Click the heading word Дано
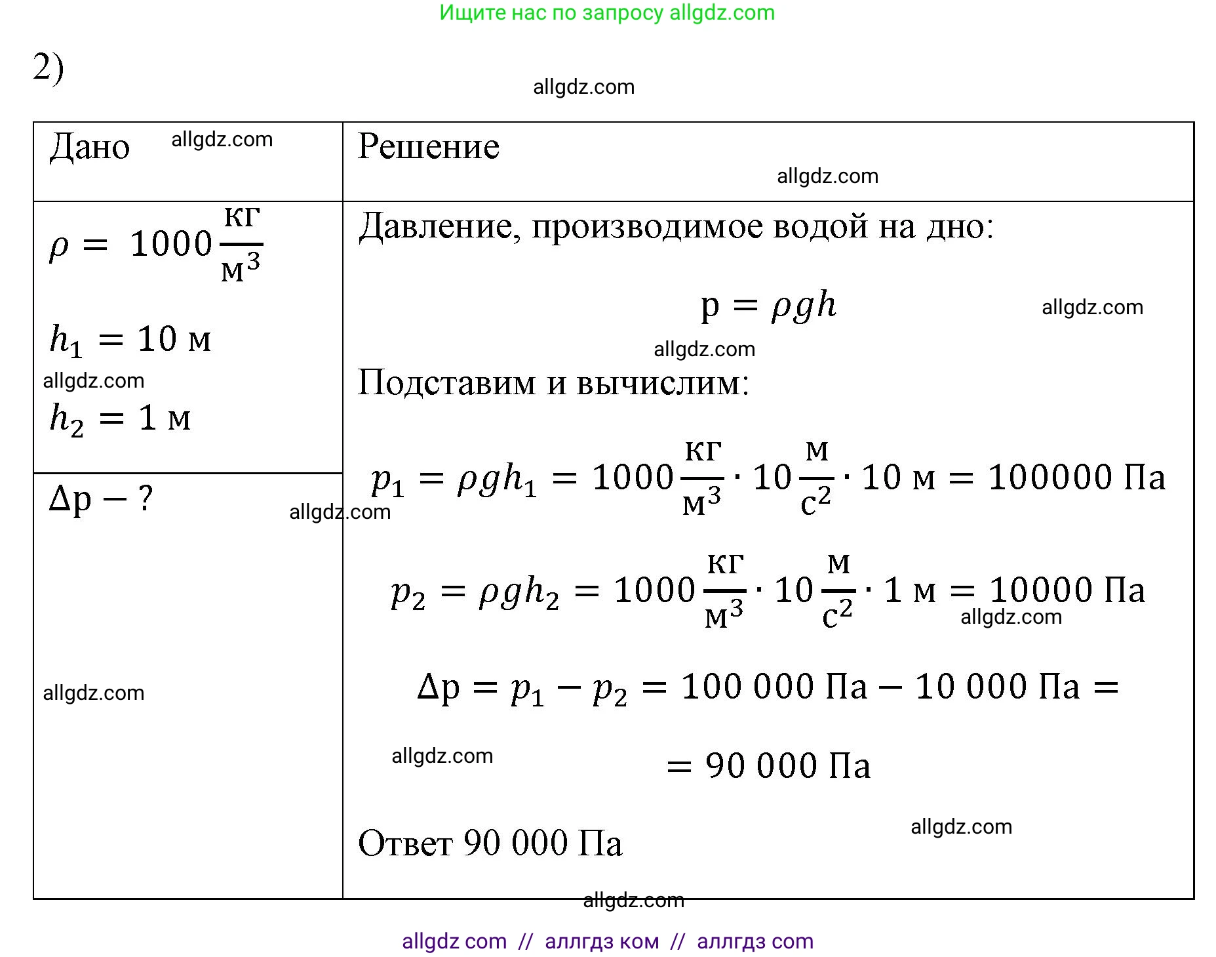[90, 147]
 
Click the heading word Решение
[429, 146]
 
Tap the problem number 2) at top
[48, 68]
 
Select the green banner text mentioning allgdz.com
[607, 12]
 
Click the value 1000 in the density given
[171, 244]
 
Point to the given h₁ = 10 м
[130, 340]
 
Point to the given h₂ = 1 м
[120, 418]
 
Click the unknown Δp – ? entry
[101, 500]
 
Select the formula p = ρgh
[768, 306]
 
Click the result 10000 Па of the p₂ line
[1067, 590]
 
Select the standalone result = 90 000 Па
[768, 765]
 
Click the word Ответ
[404, 844]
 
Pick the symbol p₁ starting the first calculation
[387, 480]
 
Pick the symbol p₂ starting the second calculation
[408, 593]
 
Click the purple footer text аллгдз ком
[602, 941]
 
